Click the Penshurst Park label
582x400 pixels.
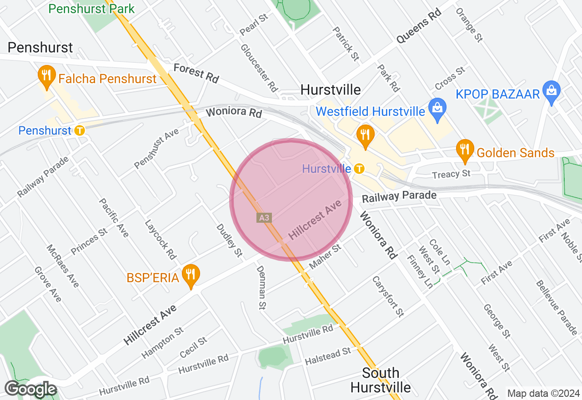pos(91,9)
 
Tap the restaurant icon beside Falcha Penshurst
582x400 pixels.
pos(46,76)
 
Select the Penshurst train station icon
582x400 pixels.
pos(80,130)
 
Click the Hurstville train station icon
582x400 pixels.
pos(359,169)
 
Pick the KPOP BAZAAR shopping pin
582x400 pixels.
pos(552,91)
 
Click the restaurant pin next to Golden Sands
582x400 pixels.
pos(465,150)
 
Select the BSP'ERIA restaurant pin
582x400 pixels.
pos(191,274)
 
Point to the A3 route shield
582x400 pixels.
pos(264,218)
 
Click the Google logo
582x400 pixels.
pos(30,389)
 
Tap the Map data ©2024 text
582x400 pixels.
pos(543,394)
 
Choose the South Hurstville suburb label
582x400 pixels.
pos(381,380)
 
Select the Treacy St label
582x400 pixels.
pos(451,174)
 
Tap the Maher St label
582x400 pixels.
pos(325,256)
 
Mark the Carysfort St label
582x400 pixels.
pos(388,296)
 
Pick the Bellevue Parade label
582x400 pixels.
pos(557,307)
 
